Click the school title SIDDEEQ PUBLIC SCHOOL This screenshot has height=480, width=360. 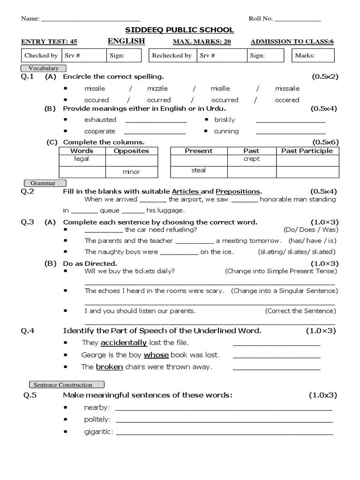(x=180, y=30)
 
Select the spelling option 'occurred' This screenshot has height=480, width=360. (x=225, y=100)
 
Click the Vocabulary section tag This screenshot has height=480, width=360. (x=44, y=68)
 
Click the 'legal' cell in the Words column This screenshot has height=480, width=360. (x=82, y=159)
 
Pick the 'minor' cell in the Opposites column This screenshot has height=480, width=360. (x=131, y=172)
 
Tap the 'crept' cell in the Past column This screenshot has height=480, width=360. (x=251, y=159)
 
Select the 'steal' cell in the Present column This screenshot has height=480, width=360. (x=198, y=170)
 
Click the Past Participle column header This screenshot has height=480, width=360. (x=307, y=151)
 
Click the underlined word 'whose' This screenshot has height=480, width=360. (x=156, y=355)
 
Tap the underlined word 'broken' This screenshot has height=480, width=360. (x=109, y=367)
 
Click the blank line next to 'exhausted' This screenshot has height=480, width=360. (x=156, y=120)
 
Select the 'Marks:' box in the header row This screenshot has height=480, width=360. (x=313, y=55)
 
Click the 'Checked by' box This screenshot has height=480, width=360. (x=41, y=55)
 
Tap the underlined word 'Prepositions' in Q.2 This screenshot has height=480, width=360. (x=238, y=191)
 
